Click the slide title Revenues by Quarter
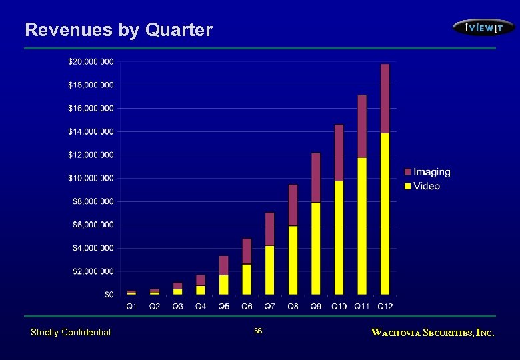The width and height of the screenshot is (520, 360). (x=119, y=30)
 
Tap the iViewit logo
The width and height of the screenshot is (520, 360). (x=483, y=27)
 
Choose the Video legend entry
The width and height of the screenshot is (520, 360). (x=426, y=186)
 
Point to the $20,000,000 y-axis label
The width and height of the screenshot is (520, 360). (x=91, y=61)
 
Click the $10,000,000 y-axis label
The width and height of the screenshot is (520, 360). (x=91, y=178)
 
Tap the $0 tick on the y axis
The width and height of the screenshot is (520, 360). (x=109, y=295)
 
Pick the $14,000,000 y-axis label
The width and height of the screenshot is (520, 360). (x=91, y=131)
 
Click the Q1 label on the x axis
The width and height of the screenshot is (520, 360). (x=131, y=307)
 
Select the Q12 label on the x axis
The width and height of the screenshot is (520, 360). (x=385, y=307)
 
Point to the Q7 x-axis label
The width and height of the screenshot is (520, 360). (x=269, y=307)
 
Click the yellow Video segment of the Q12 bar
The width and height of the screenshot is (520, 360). (x=385, y=213)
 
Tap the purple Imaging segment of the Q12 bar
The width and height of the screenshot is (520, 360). (x=385, y=99)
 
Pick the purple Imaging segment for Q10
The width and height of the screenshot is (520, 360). (x=339, y=153)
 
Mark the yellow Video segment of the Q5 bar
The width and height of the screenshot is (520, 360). (x=223, y=285)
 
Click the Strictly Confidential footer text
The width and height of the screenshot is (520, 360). (x=71, y=332)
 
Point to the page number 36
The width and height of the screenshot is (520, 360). (x=259, y=331)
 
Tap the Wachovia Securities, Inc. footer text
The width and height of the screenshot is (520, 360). (x=433, y=332)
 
